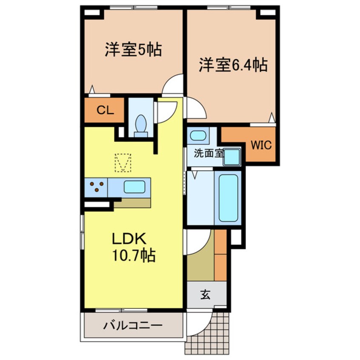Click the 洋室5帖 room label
[133, 50]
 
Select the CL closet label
[105, 111]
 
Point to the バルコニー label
[133, 326]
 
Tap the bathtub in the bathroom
[229, 197]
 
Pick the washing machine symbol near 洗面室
[232, 157]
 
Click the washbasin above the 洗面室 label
[198, 137]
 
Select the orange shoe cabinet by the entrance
[220, 255]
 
